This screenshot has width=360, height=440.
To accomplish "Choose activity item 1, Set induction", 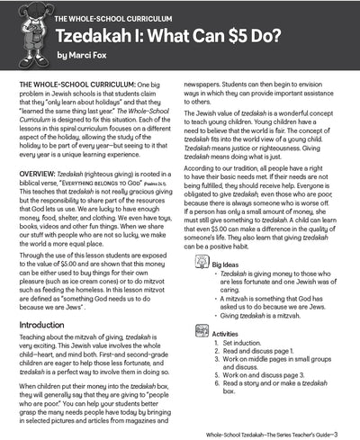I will [244, 343].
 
